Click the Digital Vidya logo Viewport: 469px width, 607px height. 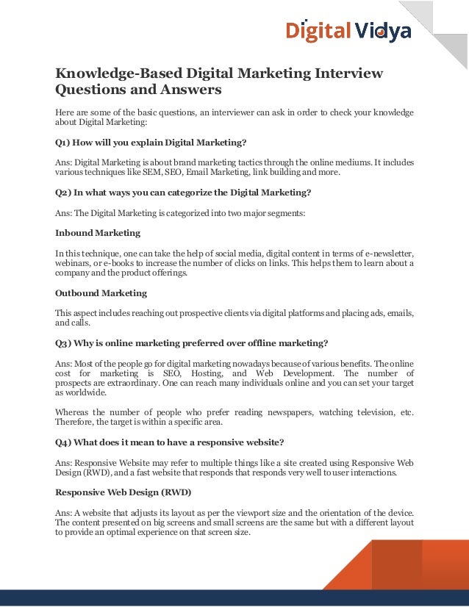click(x=348, y=31)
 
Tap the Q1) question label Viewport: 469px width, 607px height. click(x=63, y=142)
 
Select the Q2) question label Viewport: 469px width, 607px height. click(x=63, y=193)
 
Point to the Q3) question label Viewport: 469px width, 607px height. click(x=63, y=343)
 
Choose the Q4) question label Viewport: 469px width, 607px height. click(x=63, y=442)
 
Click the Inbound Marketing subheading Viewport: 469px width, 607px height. click(x=98, y=233)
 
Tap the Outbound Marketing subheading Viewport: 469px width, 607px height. click(x=101, y=293)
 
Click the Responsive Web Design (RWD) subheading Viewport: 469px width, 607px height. click(x=123, y=492)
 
